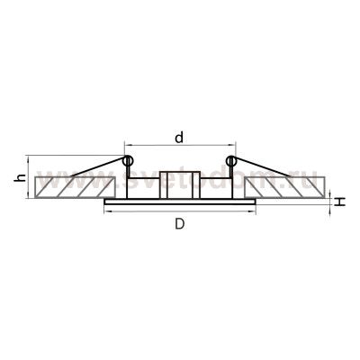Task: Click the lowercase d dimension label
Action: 179,138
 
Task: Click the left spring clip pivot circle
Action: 127,162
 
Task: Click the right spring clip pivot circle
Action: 231,162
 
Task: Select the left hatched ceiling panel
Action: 74,187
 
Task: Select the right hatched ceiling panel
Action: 285,187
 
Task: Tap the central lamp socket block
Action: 180,184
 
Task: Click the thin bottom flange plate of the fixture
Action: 180,203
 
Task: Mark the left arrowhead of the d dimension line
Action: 127,146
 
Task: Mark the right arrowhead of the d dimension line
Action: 232,146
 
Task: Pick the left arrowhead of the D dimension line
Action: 106,215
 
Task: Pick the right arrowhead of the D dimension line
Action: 254,215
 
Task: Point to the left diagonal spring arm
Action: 85,170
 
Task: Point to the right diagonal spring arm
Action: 274,170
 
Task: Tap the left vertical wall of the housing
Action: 127,184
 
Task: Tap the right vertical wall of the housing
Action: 232,184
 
